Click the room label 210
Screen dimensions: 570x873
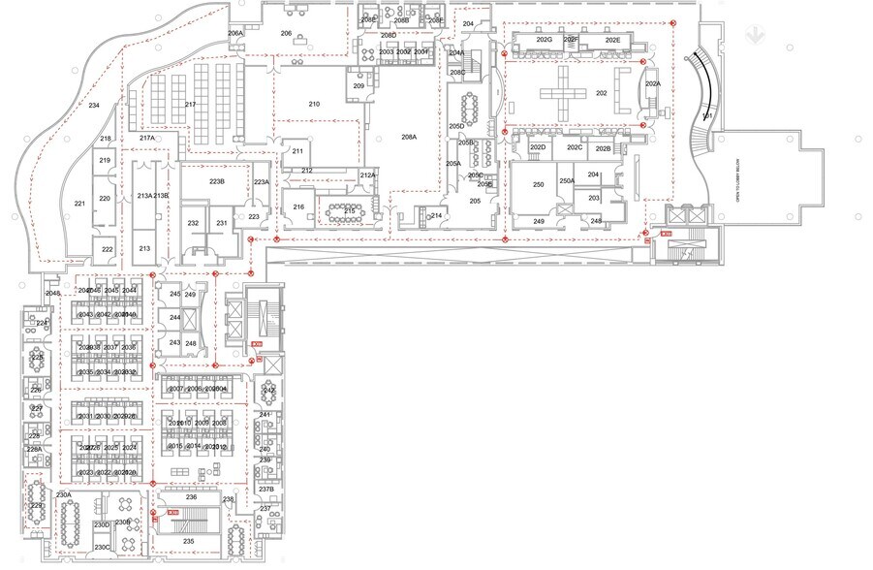(314, 104)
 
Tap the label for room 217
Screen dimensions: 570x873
(190, 105)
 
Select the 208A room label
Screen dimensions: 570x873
(408, 138)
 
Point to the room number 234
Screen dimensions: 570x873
(94, 105)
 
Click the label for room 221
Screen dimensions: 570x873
(79, 204)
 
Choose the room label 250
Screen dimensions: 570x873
(538, 184)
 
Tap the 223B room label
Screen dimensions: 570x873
(217, 181)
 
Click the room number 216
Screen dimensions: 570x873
(299, 207)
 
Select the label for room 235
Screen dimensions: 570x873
(189, 541)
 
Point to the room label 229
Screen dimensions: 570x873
(38, 506)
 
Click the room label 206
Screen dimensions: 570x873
(286, 34)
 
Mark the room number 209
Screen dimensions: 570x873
(359, 87)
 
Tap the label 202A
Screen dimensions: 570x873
(652, 84)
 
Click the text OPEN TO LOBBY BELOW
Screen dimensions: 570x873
(737, 204)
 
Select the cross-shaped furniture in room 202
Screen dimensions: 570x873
(564, 93)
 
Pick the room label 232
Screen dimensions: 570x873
(193, 224)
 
